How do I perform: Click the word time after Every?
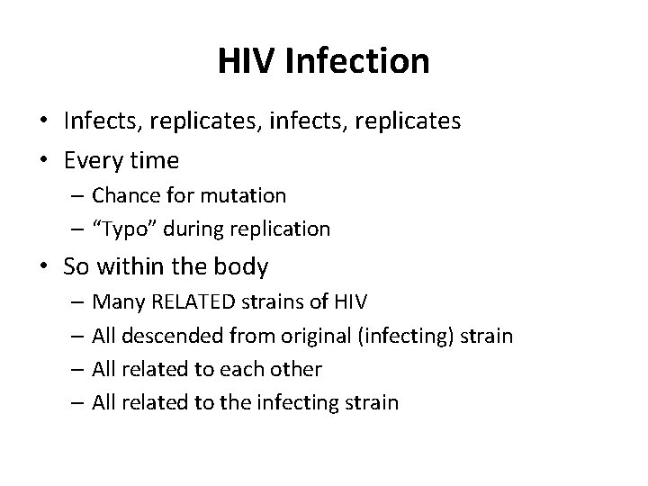(x=155, y=161)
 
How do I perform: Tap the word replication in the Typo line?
(x=283, y=229)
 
